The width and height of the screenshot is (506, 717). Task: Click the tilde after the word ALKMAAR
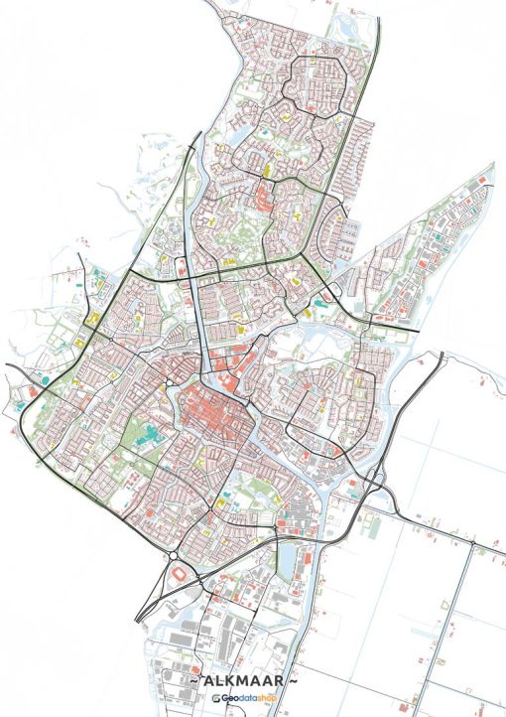pos(297,683)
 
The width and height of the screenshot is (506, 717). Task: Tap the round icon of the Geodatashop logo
pos(215,699)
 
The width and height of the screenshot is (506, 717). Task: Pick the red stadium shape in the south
pos(179,575)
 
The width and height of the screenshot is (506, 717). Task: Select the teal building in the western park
pos(146,434)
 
